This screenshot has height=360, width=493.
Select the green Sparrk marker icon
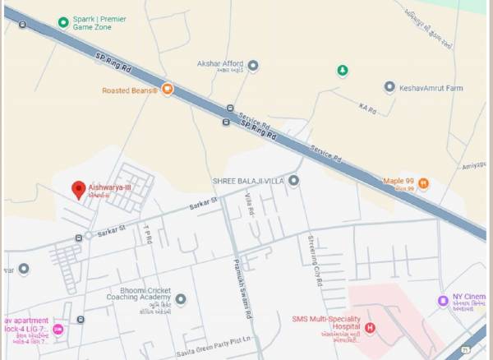point(63,21)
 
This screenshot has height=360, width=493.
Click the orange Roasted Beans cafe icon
point(167,90)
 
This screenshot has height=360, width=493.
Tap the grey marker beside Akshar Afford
point(253,65)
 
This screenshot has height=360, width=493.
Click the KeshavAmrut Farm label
point(431,87)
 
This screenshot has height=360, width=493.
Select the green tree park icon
point(343,71)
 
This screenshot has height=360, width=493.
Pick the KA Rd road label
point(366,107)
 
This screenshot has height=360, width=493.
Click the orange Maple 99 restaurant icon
point(423,182)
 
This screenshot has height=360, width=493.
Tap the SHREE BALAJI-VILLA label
point(248,180)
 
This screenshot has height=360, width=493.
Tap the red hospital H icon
point(370,329)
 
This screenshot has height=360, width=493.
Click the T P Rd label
point(149,235)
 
